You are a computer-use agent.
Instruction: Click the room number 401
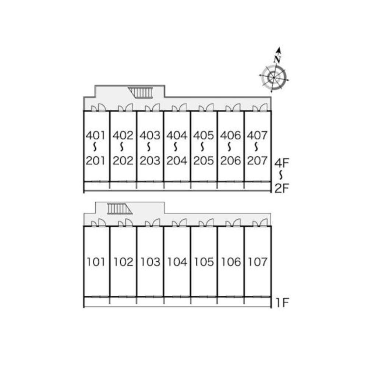tap(96, 135)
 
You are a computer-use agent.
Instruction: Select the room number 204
tap(177, 161)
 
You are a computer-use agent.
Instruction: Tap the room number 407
tap(257, 135)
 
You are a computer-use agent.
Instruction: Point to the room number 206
tap(230, 161)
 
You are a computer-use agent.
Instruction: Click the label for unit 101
tap(96, 262)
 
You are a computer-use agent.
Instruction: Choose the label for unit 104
tap(177, 262)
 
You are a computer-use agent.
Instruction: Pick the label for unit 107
tap(258, 262)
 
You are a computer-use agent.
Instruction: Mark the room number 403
tap(150, 135)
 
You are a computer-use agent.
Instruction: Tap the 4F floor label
tap(283, 162)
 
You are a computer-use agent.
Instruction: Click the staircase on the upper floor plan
tap(141, 92)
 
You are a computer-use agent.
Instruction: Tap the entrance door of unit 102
tap(125, 222)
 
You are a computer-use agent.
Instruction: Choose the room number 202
tap(123, 161)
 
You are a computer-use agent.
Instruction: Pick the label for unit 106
tap(231, 262)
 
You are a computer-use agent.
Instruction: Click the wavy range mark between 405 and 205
tap(203, 148)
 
